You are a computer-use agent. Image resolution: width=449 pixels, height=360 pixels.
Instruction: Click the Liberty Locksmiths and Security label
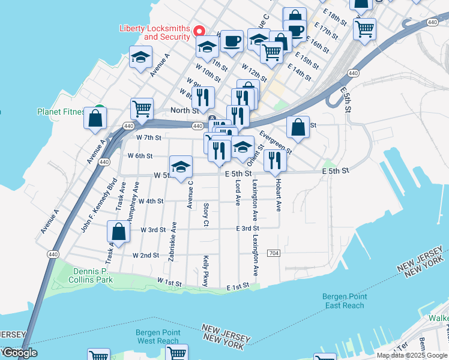(x=155, y=32)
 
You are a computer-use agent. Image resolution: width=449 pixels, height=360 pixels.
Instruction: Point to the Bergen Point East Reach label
(x=343, y=301)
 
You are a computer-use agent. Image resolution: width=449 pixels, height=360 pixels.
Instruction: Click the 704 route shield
(x=274, y=253)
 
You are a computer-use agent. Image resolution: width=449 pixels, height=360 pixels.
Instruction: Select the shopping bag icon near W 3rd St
(x=119, y=232)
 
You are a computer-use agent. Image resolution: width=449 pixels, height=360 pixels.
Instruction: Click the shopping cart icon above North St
(x=142, y=109)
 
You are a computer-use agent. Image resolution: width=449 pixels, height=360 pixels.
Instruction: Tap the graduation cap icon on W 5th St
(x=180, y=167)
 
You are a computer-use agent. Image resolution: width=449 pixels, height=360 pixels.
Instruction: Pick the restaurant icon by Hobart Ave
(x=275, y=160)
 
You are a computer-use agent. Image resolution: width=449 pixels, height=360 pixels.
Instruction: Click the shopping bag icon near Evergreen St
(x=298, y=127)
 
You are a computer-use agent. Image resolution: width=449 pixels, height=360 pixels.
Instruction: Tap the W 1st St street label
(x=169, y=281)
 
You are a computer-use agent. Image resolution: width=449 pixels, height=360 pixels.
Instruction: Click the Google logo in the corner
(x=19, y=353)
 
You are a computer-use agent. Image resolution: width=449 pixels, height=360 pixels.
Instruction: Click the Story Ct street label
(x=205, y=214)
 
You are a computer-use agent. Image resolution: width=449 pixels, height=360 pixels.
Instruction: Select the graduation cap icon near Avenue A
(x=141, y=58)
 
